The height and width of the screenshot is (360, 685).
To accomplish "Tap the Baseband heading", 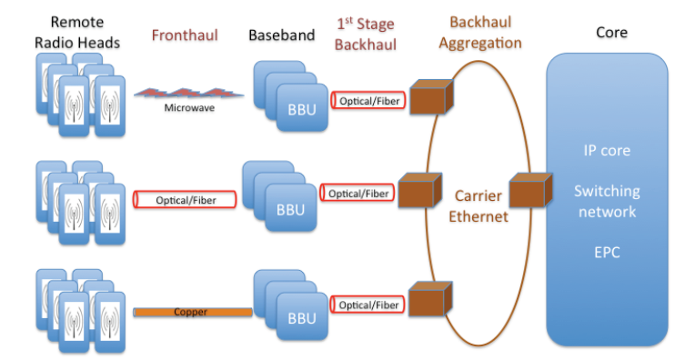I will (x=281, y=35).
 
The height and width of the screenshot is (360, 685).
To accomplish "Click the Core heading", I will (x=610, y=33).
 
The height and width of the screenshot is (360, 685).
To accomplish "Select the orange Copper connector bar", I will (x=192, y=312).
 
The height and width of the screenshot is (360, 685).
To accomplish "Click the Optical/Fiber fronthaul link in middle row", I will (x=185, y=199).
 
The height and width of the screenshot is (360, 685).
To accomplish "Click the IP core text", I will (x=607, y=149).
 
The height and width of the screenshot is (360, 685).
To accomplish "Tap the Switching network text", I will (x=607, y=201).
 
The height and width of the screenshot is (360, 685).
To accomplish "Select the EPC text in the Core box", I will (x=607, y=252).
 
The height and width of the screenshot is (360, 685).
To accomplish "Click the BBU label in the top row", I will (x=297, y=109).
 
